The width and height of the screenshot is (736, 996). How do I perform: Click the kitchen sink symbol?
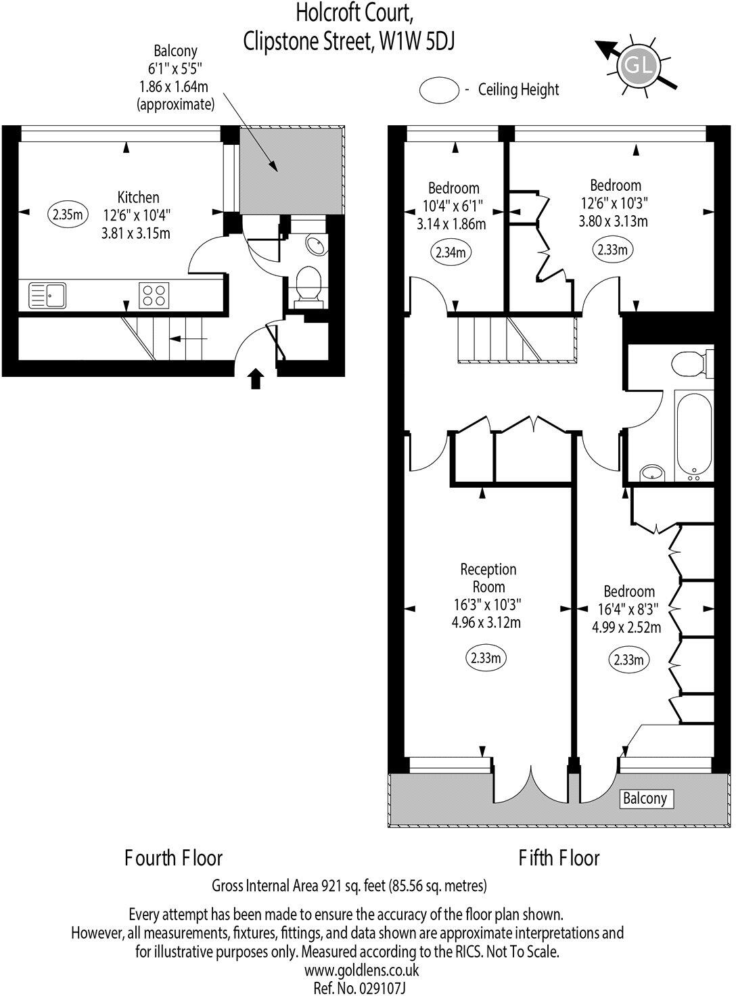coord(47,295)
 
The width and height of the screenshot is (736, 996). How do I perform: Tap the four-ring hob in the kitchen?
coord(154,295)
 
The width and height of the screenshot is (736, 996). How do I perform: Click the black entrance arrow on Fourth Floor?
coord(256,379)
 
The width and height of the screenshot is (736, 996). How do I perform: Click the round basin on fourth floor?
coord(315,244)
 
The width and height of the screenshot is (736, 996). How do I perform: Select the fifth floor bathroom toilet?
coord(694,363)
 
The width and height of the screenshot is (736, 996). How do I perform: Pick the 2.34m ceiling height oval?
coord(451,253)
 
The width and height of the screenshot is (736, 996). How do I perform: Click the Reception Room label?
coord(488,578)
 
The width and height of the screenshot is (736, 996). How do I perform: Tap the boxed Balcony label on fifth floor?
coord(645,798)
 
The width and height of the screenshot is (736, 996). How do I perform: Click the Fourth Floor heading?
coord(174,858)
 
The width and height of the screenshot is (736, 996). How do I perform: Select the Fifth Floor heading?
coord(559,858)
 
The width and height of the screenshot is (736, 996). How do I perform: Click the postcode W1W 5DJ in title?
coord(417,42)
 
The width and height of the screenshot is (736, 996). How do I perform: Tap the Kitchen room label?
coord(139,198)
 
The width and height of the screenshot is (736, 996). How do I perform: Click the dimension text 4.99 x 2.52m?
coord(626,627)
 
